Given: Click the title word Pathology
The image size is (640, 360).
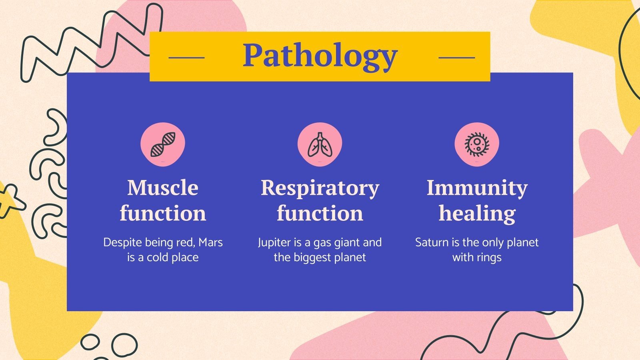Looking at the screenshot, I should [320, 56].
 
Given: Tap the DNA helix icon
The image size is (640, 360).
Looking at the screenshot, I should [163, 144].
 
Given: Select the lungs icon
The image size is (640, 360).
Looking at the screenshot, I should [320, 144].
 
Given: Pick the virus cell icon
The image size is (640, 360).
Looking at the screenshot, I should [477, 144].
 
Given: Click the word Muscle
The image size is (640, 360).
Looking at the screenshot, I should [163, 188].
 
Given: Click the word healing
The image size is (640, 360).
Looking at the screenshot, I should [477, 213].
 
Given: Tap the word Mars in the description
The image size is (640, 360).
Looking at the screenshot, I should [210, 242].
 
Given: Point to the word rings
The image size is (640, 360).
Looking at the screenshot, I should [489, 258].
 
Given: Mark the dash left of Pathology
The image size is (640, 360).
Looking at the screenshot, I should [186, 58].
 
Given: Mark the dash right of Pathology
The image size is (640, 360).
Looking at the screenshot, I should [456, 58].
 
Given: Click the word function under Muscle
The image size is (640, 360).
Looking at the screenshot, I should [163, 213].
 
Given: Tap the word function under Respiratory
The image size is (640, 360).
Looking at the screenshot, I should [320, 213].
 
